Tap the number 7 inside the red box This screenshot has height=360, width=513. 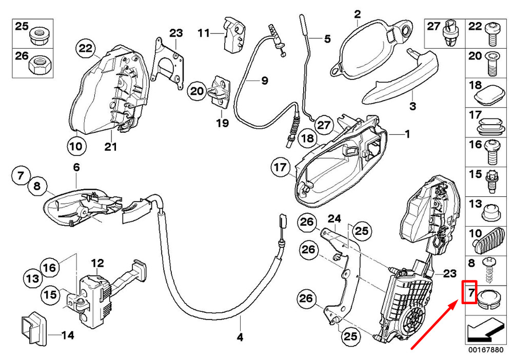tap(469, 294)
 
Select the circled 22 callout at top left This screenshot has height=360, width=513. tap(86, 49)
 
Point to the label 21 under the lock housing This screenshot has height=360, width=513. tap(111, 147)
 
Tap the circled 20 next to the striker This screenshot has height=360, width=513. tap(196, 91)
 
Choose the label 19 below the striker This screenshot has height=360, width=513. tap(222, 124)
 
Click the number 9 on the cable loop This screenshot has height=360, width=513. tap(265, 80)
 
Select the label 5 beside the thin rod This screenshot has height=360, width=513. tap(327, 38)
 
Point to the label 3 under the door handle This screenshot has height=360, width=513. tap(413, 107)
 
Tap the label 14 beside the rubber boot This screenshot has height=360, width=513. tap(68, 336)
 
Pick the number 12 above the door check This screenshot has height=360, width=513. tap(97, 264)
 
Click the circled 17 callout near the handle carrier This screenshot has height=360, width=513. tap(280, 167)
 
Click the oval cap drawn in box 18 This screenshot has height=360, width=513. tap(488, 96)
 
